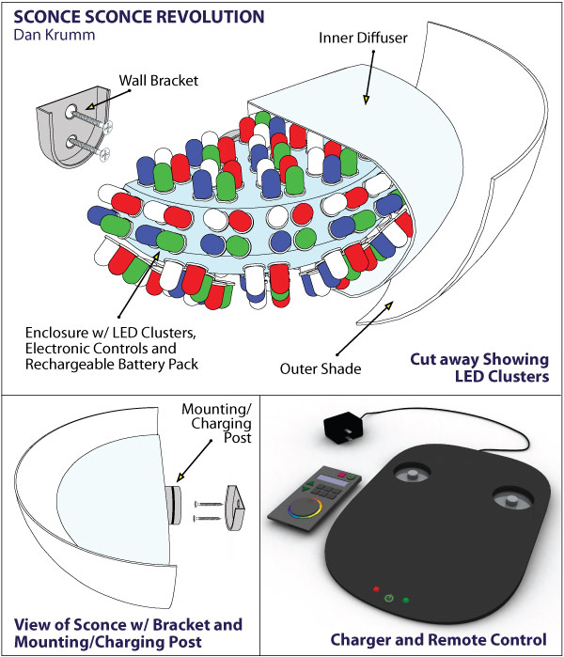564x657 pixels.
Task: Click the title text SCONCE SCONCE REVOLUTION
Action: click(137, 18)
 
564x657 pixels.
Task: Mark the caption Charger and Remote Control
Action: click(438, 639)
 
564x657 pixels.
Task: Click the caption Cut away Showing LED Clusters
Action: click(479, 366)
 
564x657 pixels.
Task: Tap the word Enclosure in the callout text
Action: click(55, 333)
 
